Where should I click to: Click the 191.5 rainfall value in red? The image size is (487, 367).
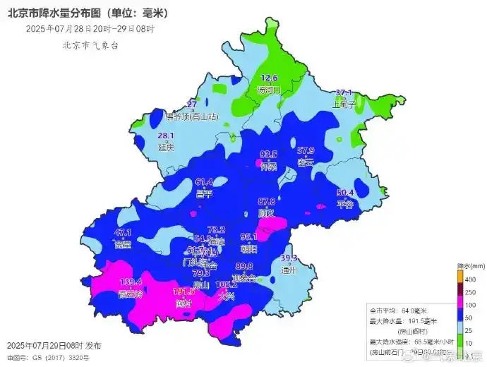[x=184, y=291]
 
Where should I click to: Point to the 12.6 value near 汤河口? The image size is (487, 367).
[x=270, y=78]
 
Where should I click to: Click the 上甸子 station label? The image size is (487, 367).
[x=344, y=103]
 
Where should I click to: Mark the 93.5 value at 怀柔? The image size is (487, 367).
[x=269, y=154]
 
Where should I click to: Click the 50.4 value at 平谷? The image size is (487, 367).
[x=345, y=193]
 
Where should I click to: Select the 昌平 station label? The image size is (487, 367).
[x=204, y=193]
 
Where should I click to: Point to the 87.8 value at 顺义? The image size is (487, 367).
[x=267, y=201]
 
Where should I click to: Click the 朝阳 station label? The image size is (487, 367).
[x=249, y=248]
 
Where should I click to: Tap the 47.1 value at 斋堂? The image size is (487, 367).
[x=123, y=232]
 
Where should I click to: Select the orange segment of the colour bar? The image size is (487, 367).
[x=459, y=279]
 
